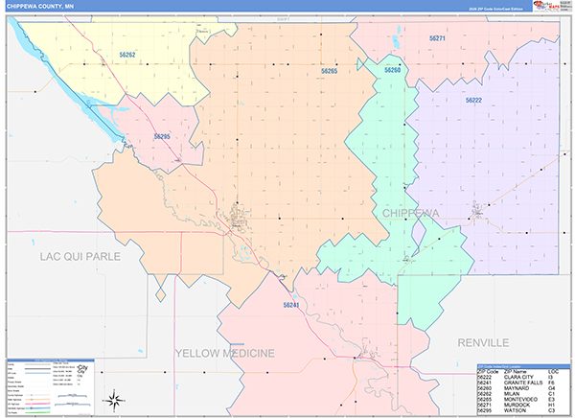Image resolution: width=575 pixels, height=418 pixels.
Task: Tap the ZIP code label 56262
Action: click(126, 55)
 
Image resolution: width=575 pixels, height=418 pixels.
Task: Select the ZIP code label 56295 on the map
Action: click(161, 137)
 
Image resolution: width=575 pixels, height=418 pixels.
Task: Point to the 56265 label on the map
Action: click(329, 71)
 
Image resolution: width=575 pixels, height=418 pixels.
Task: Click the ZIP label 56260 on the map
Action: click(392, 70)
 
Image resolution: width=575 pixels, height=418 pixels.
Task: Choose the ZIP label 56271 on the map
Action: click(438, 36)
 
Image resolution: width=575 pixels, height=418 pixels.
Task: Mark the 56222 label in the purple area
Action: click(474, 100)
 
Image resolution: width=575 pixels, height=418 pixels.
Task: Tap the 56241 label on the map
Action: click(291, 304)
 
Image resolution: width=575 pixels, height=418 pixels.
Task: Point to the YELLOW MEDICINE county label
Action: click(224, 353)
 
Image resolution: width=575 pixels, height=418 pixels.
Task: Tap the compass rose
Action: click(114, 399)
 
